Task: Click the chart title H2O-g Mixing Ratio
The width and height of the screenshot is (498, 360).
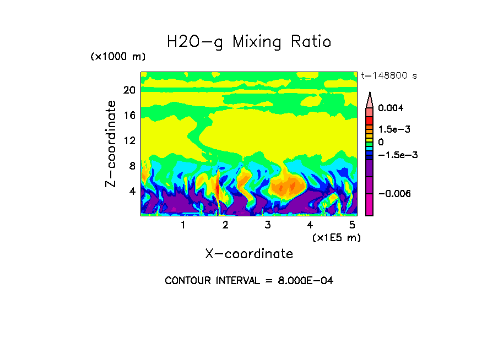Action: pyautogui.click(x=249, y=42)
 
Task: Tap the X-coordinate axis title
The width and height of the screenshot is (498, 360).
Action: pyautogui.click(x=249, y=253)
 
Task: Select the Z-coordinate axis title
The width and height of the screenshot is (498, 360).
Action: pyautogui.click(x=111, y=144)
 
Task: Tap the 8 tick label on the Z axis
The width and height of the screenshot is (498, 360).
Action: pyautogui.click(x=132, y=166)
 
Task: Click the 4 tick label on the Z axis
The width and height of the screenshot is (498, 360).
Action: pyautogui.click(x=132, y=192)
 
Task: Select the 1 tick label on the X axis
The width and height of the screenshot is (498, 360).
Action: pyautogui.click(x=183, y=225)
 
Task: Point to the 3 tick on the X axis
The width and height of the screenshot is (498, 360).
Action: pyautogui.click(x=268, y=225)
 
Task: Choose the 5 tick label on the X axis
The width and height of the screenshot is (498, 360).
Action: pyautogui.click(x=353, y=225)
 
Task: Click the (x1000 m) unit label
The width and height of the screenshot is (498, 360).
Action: pyautogui.click(x=118, y=57)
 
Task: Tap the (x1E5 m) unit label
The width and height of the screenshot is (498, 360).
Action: pyautogui.click(x=336, y=237)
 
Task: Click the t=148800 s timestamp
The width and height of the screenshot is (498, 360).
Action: pyautogui.click(x=388, y=75)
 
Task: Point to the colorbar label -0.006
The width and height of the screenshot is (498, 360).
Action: pyautogui.click(x=394, y=194)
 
